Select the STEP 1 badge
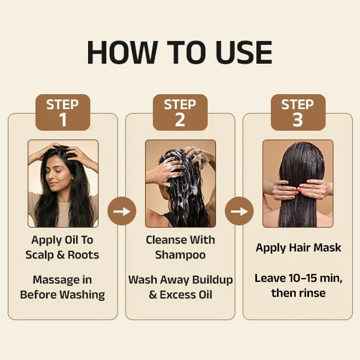coord(63,112)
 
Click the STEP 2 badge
coord(180,112)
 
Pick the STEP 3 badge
coord(298,112)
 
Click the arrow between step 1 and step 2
coord(122,211)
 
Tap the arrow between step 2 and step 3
coord(239,211)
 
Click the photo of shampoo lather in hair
coord(181,183)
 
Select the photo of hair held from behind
coord(298,183)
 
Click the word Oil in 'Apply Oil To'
coord(71,240)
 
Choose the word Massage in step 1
coord(54,280)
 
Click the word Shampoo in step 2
coord(181,255)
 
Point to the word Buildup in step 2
coord(212,280)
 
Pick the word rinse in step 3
coord(312,293)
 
